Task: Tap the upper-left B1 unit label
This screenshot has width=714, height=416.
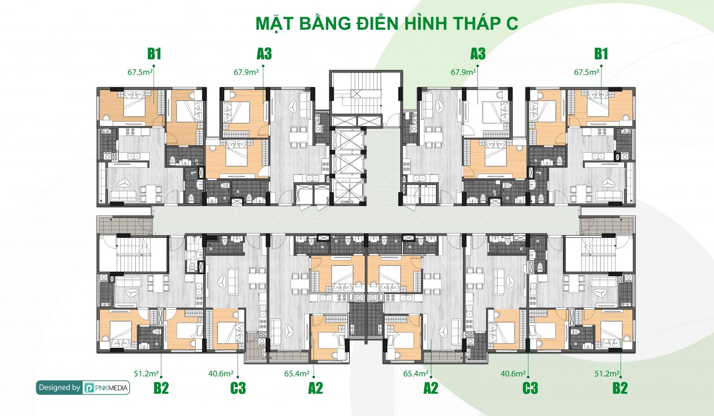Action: click(x=154, y=54)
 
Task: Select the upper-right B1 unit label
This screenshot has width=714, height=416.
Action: click(x=601, y=54)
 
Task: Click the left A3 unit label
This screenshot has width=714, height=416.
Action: click(x=264, y=54)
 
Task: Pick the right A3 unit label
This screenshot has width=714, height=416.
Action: click(x=478, y=54)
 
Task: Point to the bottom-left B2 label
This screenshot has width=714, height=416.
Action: click(x=161, y=388)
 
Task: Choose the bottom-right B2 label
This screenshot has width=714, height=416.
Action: click(x=620, y=388)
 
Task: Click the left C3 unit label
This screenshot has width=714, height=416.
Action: click(x=238, y=388)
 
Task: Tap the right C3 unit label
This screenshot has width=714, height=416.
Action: click(x=530, y=388)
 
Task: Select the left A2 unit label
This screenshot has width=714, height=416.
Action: click(x=315, y=388)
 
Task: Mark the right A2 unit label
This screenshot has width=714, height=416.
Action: click(x=430, y=388)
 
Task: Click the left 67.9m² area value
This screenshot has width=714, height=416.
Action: click(x=246, y=72)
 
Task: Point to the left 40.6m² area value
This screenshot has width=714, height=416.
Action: click(x=221, y=373)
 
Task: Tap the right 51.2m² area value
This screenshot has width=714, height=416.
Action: click(x=607, y=373)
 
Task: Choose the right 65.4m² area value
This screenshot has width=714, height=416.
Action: click(x=416, y=373)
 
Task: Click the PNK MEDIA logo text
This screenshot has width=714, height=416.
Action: click(x=112, y=388)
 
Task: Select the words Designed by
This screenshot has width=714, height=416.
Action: click(x=59, y=388)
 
